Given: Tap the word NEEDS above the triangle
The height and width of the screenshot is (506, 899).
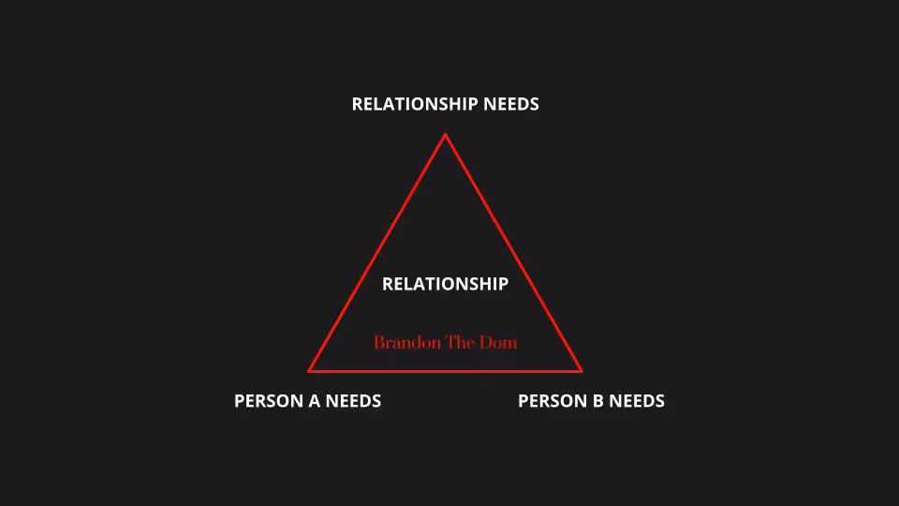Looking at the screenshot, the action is tap(511, 104).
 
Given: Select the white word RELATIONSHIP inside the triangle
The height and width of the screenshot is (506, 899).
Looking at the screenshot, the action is tap(445, 284).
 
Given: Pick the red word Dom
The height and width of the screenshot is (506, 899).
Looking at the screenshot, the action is tap(498, 342).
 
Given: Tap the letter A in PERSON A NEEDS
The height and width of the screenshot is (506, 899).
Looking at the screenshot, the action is tap(313, 401).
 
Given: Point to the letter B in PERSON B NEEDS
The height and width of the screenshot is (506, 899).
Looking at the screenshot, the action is tap(597, 401).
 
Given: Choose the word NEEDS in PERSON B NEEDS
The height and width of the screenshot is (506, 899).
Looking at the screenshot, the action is tap(637, 401).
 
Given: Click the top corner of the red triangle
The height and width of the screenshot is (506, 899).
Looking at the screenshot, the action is tap(445, 135).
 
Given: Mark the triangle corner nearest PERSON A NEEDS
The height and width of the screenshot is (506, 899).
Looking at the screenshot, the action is tap(310, 370).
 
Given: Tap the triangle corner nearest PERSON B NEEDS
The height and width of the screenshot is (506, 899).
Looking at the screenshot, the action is tap(581, 370).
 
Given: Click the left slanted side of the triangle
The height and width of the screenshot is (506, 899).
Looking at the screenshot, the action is tap(377, 253).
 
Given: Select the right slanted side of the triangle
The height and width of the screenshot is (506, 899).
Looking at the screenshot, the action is tap(513, 253).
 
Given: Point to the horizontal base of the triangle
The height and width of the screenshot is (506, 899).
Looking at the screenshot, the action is tap(445, 370).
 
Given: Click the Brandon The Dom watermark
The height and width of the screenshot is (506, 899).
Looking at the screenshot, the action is tap(445, 342).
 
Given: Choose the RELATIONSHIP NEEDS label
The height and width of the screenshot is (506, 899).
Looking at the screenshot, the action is tap(445, 104).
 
